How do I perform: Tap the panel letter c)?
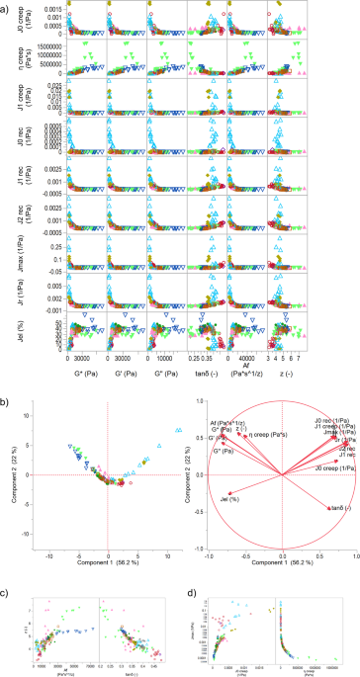pos(7,566)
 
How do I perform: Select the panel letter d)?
pos(189,566)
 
